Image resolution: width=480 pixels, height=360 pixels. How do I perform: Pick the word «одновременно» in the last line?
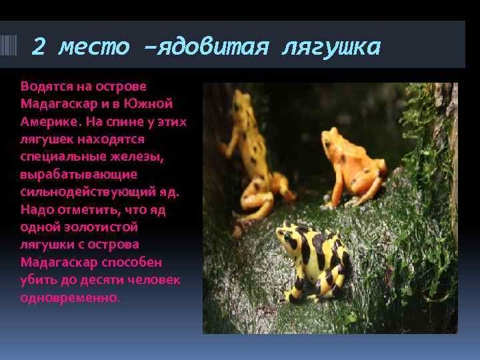point(69,297)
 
